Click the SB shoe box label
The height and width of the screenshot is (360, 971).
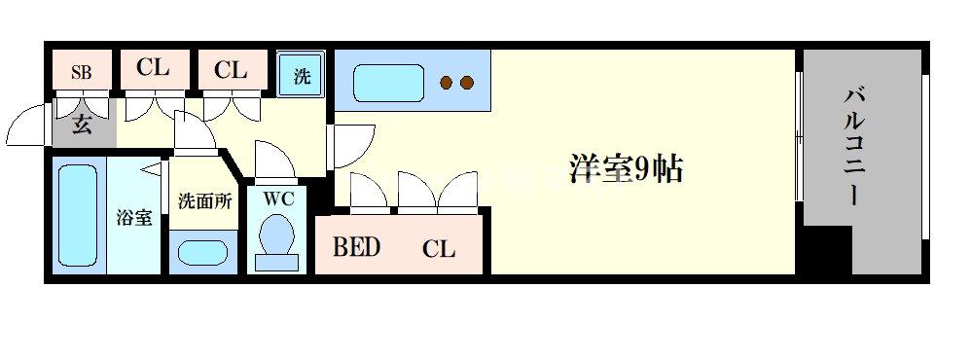(82, 71)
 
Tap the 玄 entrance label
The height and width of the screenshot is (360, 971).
(82, 126)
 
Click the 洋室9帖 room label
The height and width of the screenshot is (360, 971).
(626, 169)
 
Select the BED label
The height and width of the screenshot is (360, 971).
(356, 247)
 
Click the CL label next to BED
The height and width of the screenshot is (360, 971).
(438, 249)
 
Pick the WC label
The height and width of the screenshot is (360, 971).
(277, 198)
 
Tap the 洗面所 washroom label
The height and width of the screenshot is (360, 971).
(204, 201)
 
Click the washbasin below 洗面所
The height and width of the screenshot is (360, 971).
(204, 253)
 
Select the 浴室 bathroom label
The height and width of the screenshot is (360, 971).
(134, 217)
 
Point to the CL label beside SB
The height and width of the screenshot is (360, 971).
(153, 69)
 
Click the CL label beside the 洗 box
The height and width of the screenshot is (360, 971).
(231, 70)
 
